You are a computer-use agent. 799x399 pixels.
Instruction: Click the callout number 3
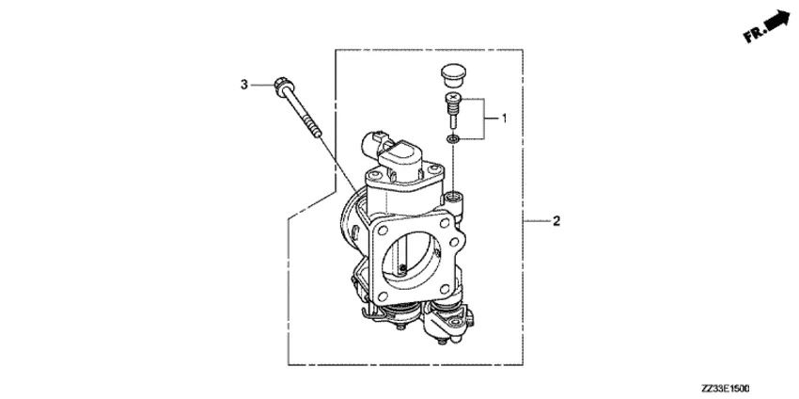(x=244, y=85)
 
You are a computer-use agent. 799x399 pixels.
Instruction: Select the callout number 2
(x=556, y=221)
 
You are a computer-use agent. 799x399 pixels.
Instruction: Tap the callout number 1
(x=504, y=119)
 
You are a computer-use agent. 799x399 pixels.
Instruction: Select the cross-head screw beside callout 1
(x=451, y=110)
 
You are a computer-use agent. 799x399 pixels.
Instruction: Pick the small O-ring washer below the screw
(x=452, y=138)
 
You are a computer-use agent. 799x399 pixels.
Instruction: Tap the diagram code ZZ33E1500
(x=725, y=389)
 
